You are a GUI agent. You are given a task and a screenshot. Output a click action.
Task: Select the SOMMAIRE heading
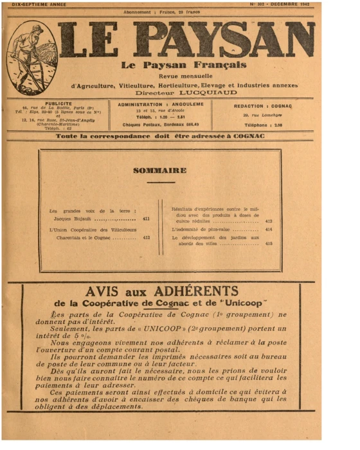(159, 171)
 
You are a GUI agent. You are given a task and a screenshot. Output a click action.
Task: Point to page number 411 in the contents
(146, 219)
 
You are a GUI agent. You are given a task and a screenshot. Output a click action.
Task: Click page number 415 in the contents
(269, 244)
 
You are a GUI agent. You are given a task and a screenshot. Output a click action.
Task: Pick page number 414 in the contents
(269, 230)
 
